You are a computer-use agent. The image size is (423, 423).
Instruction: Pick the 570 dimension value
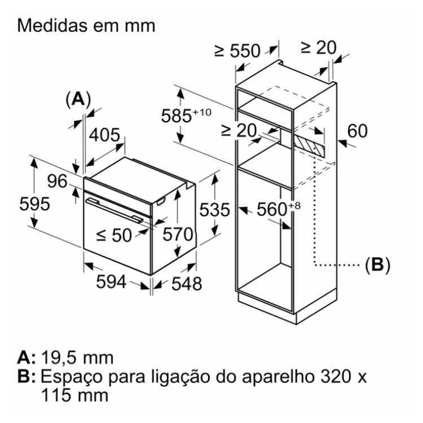pos(178,234)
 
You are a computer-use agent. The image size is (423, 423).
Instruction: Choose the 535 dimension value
pos(215,210)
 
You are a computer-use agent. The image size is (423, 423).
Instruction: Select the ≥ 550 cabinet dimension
pos(237,51)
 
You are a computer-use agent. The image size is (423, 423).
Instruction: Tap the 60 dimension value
pos(356,131)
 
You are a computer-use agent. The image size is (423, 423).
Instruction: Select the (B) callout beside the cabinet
pos(377,264)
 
